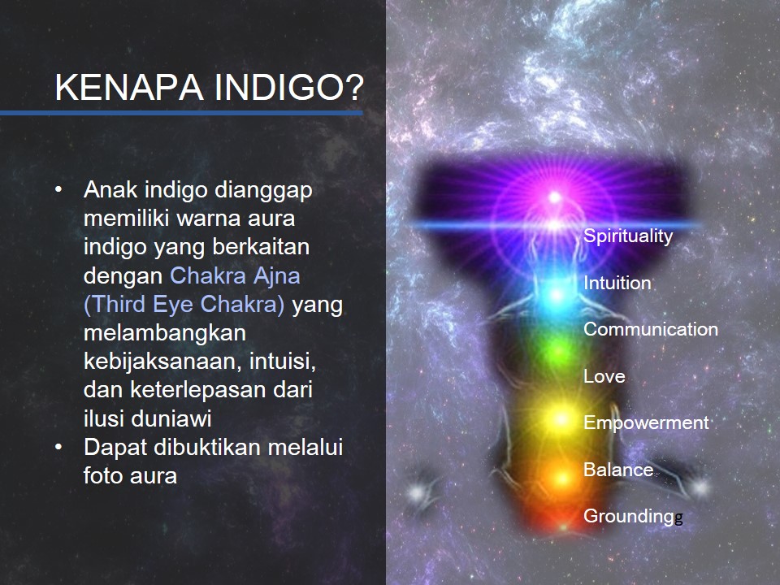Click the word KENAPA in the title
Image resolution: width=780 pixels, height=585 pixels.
[x=129, y=88]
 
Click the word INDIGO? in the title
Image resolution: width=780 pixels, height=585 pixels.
[x=289, y=88]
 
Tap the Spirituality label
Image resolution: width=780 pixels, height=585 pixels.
[x=628, y=236]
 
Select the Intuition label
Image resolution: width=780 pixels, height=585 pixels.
[x=617, y=283]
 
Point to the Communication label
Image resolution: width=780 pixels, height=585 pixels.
[x=651, y=329]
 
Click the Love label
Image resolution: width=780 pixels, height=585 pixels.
[x=604, y=376]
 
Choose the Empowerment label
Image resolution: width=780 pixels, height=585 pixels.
[x=646, y=422]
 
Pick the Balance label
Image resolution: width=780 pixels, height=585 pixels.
[x=618, y=470]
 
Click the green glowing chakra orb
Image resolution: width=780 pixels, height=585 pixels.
[x=558, y=351]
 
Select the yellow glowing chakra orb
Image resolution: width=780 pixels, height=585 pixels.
[x=561, y=419]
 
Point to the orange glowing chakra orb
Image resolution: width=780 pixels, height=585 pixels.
[x=562, y=479]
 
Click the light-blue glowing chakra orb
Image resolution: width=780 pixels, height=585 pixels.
[x=557, y=296]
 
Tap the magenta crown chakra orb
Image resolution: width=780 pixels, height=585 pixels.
[x=555, y=197]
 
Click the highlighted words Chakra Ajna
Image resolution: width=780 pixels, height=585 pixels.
[x=236, y=276]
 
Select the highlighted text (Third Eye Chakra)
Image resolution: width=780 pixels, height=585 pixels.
[x=184, y=305]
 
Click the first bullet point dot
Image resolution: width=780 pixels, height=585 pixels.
[x=59, y=190]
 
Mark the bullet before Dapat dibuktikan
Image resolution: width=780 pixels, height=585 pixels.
[x=59, y=447]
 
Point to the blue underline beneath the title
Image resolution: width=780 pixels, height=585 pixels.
[x=181, y=113]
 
